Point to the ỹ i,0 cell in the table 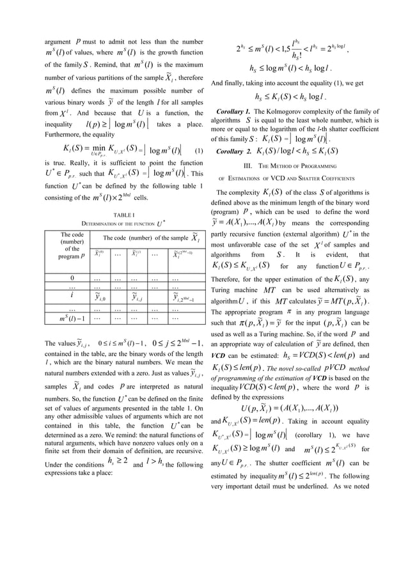tap(100, 297)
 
